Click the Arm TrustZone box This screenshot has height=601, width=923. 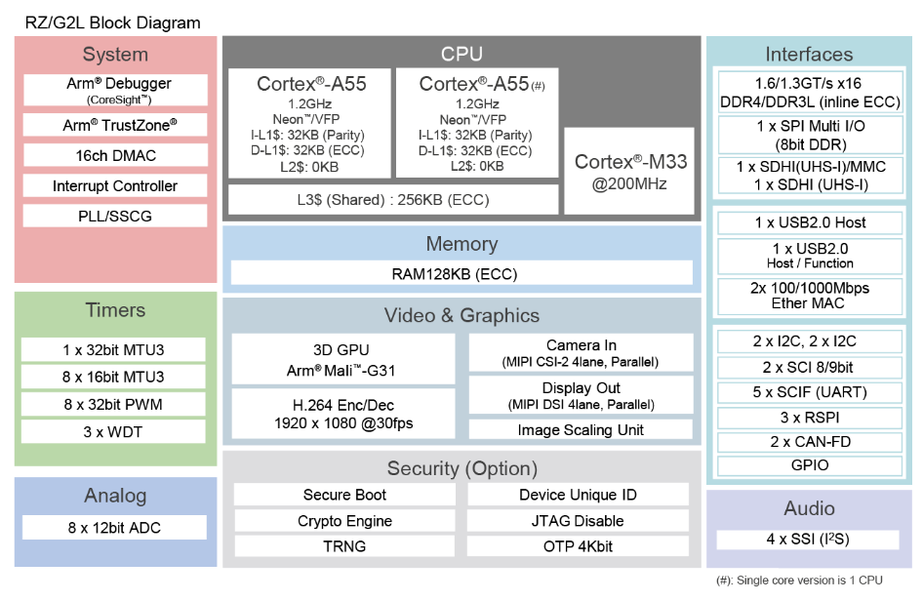pos(115,125)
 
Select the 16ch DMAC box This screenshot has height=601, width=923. pos(115,155)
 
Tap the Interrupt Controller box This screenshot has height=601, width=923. pos(115,186)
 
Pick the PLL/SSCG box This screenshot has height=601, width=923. pos(115,216)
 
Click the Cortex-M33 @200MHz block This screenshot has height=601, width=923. pos(629,172)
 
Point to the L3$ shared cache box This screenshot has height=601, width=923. pos(393,200)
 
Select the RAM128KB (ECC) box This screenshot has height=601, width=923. pos(461,274)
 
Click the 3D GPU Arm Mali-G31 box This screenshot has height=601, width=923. pos(343,359)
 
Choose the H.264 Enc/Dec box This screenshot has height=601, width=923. pos(343,414)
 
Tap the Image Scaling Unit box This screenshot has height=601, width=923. pos(581,429)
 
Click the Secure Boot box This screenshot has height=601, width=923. pos(345,495)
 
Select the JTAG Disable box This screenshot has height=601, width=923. pos(578,521)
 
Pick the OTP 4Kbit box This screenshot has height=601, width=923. pos(578,546)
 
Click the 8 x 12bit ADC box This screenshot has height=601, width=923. pos(114,528)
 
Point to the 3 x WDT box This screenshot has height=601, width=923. pos(113,431)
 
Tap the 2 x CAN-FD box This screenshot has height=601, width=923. pos(810,441)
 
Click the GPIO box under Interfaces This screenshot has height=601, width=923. pos(810,465)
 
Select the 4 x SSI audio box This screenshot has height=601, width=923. pos(808,540)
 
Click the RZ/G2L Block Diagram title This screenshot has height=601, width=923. pos(112,22)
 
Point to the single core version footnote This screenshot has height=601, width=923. pos(799,581)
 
